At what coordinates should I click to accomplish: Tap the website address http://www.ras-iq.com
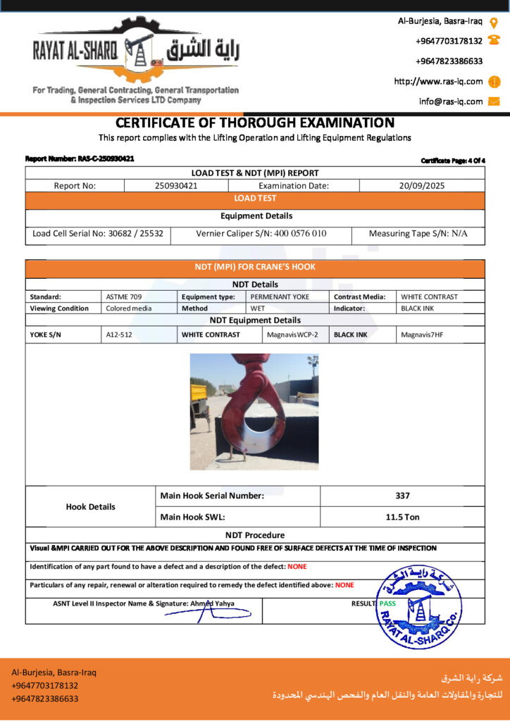[438, 82]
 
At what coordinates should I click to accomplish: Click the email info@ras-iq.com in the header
[451, 101]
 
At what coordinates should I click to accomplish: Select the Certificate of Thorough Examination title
[255, 123]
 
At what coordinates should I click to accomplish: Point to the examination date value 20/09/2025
[422, 186]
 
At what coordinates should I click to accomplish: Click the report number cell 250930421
[176, 186]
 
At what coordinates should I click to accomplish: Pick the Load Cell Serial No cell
[98, 234]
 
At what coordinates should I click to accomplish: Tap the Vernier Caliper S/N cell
[261, 234]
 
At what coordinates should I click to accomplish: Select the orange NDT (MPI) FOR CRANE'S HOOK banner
[255, 268]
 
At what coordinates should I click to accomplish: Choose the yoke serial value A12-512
[119, 334]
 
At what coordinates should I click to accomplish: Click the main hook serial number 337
[402, 496]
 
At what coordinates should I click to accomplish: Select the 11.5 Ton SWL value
[402, 517]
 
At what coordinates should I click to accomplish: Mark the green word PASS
[387, 603]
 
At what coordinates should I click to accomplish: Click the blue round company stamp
[420, 606]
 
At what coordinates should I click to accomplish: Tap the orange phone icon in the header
[494, 41]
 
